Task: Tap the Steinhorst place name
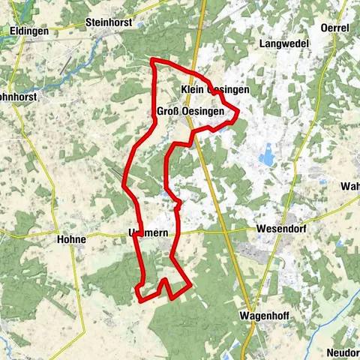[112, 22]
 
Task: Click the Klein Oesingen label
[214, 89]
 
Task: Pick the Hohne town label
[71, 239]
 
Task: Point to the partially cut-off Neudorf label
[343, 352]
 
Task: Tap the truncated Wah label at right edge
[350, 186]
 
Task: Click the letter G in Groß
[160, 112]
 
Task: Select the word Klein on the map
[193, 89]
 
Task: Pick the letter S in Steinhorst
[90, 22]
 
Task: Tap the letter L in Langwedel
[262, 44]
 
